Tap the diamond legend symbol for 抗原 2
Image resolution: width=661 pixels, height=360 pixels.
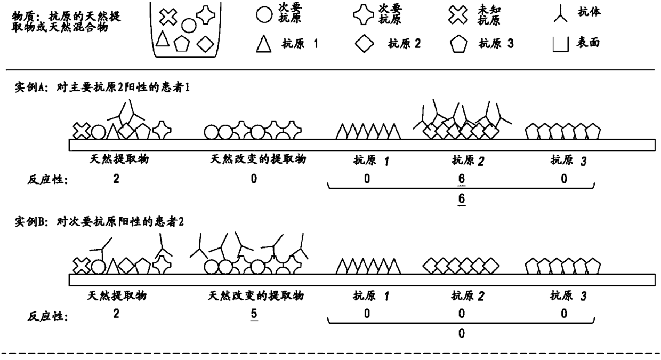tap(365, 44)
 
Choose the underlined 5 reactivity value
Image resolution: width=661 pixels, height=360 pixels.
tap(254, 314)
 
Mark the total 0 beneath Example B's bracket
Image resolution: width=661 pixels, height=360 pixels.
tap(462, 333)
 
